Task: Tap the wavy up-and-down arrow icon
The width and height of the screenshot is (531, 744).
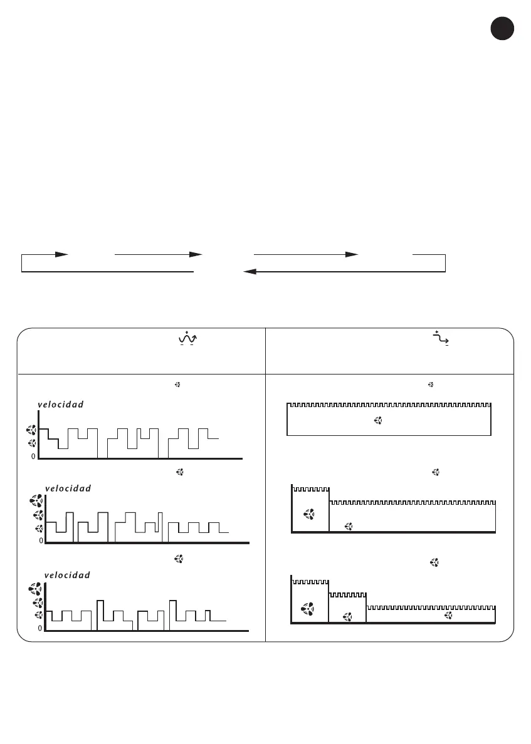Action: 187,339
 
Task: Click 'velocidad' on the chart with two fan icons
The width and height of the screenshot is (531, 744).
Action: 61,405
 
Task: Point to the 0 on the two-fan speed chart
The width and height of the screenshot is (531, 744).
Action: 33,457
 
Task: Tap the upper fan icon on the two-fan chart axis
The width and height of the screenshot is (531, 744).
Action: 31,430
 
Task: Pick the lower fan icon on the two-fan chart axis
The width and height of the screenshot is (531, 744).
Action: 31,443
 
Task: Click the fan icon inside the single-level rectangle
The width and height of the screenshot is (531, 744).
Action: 379,421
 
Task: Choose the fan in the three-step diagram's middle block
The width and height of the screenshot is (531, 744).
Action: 347,617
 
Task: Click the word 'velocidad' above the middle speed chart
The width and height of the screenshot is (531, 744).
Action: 68,488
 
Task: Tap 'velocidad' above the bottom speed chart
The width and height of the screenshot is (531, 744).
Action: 67,575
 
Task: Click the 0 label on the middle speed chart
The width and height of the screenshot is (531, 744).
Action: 41,540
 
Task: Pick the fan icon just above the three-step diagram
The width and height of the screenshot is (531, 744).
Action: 434,562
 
